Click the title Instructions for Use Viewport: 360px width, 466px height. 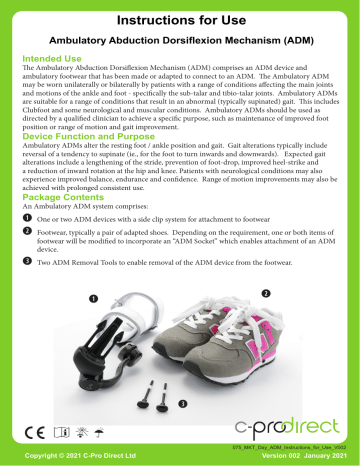(180, 19)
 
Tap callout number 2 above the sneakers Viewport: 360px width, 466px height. (266, 293)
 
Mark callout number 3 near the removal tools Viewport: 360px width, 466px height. (182, 402)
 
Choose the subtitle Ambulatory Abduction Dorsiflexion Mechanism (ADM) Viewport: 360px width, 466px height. (180, 40)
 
